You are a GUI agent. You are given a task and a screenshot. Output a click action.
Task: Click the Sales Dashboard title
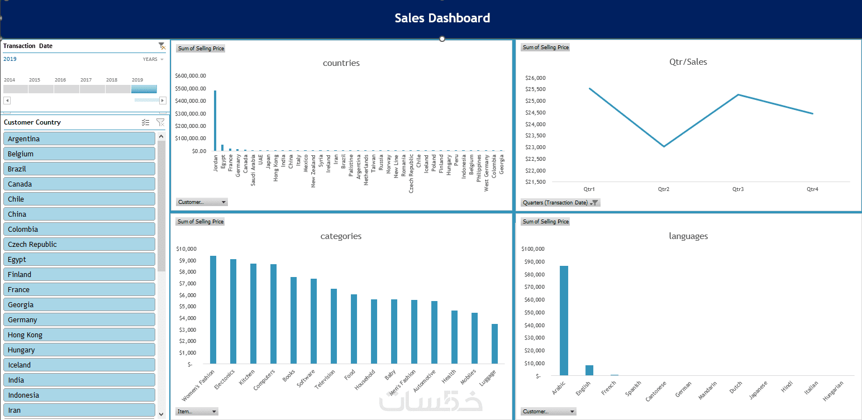[x=442, y=18]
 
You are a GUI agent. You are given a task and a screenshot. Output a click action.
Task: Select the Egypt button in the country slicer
[x=79, y=260]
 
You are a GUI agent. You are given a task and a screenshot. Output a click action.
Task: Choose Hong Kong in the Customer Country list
[x=79, y=335]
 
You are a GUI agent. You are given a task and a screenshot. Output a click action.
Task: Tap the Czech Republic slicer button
[x=79, y=245]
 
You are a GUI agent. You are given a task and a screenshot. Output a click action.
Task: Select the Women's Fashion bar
[x=213, y=310]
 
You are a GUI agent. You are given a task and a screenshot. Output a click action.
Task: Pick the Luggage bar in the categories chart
[x=494, y=344]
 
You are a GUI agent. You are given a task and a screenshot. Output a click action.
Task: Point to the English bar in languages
[x=589, y=370]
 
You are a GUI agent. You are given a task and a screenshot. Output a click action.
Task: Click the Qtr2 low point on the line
[x=664, y=146]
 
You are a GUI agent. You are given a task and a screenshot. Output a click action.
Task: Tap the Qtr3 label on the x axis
[x=738, y=189]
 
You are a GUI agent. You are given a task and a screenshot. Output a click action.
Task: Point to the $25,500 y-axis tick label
[x=535, y=89]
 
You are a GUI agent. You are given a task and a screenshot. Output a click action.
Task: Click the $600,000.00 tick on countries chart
[x=191, y=76]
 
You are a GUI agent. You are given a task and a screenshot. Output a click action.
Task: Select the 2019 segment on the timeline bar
[x=144, y=89]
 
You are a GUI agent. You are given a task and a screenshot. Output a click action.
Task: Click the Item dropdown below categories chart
[x=197, y=412]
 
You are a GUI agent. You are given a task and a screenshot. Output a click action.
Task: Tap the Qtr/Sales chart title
[x=688, y=62]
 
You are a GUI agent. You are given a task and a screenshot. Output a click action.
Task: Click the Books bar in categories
[x=293, y=321]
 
